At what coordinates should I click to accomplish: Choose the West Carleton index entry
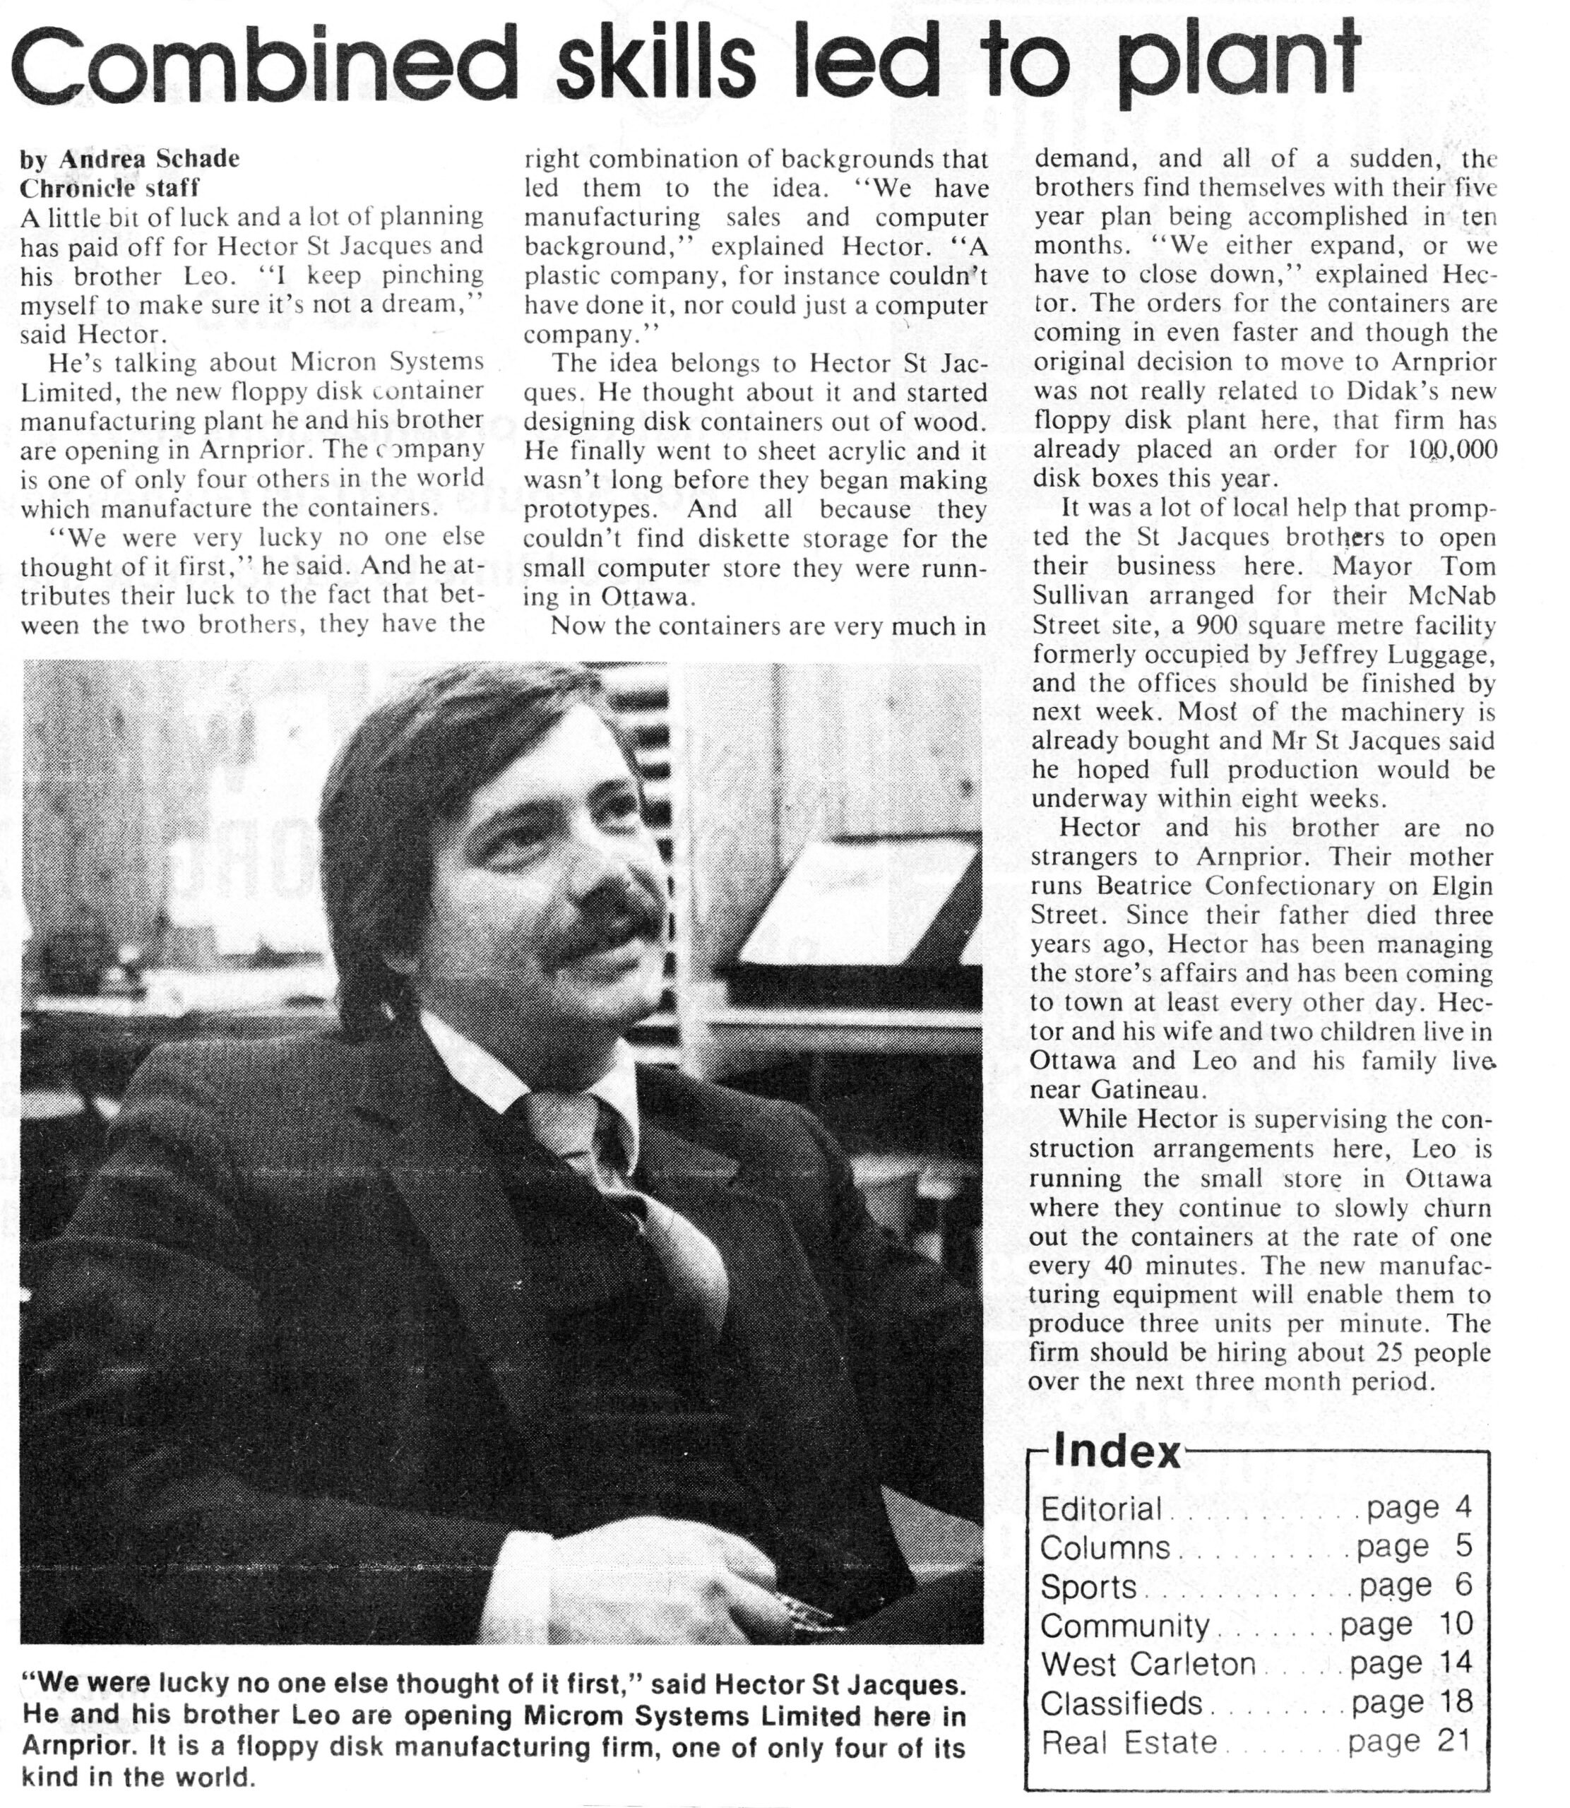[x=1148, y=1663]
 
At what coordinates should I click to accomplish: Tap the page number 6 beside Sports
[x=1462, y=1586]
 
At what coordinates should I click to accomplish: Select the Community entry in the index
[x=1125, y=1625]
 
